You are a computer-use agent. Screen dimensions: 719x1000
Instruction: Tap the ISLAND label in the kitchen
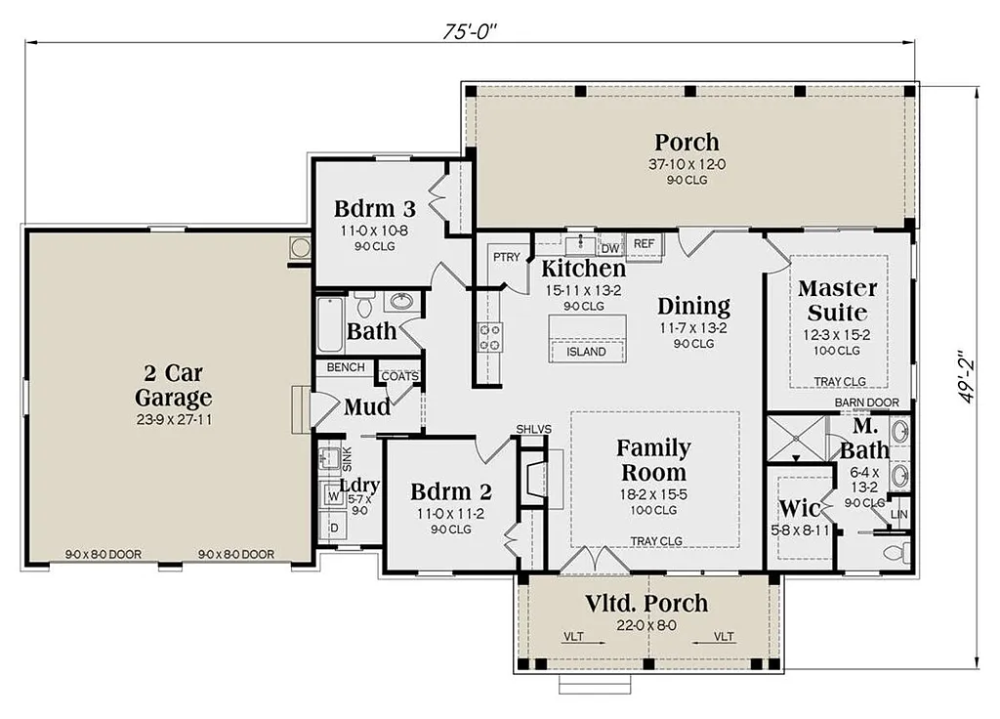tap(586, 352)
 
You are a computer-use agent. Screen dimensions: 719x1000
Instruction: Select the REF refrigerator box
tap(644, 243)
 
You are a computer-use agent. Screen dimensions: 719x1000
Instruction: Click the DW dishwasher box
tap(610, 248)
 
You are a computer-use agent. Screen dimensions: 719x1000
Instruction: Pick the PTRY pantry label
tap(506, 257)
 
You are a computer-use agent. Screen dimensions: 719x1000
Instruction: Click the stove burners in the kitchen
tap(489, 337)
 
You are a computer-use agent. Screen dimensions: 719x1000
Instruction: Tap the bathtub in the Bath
tap(330, 325)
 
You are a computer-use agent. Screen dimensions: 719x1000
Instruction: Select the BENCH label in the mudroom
tap(346, 367)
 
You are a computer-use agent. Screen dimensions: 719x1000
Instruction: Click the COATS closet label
tap(399, 376)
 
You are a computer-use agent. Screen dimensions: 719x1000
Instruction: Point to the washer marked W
tap(333, 496)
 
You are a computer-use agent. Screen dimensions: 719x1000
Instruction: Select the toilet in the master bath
tap(894, 552)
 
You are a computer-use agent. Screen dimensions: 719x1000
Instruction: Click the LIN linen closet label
tap(899, 514)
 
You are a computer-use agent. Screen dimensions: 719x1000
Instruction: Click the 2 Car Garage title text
tap(173, 386)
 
